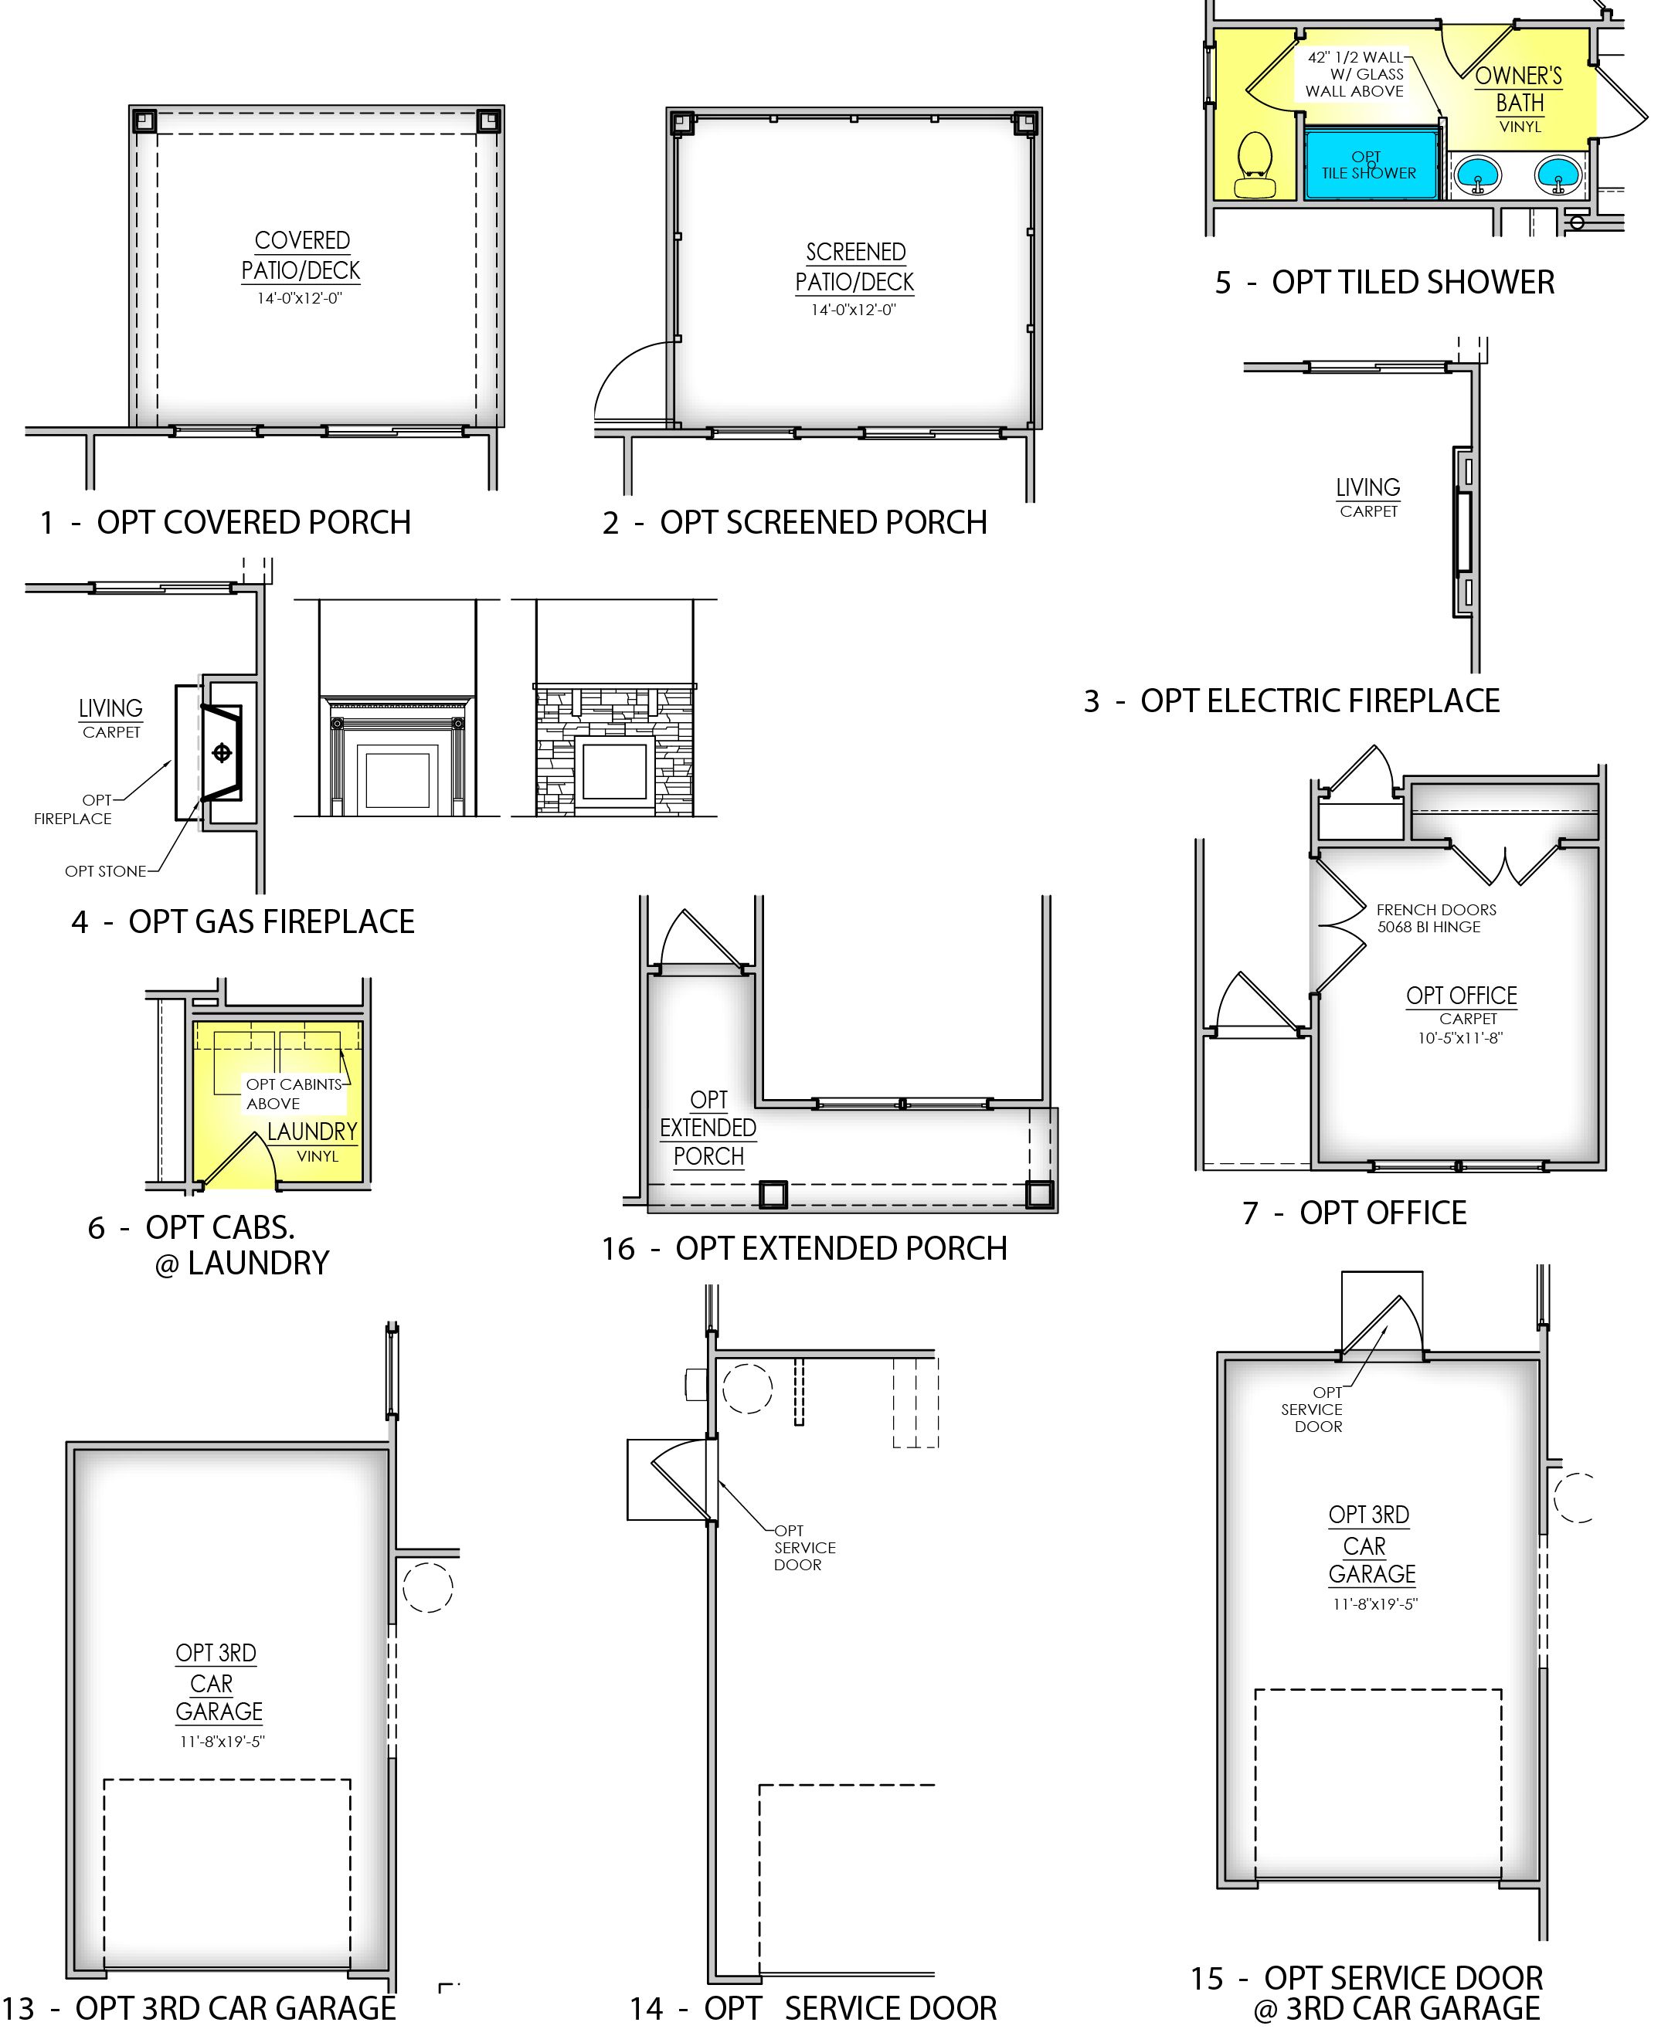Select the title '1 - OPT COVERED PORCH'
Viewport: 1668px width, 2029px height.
226,523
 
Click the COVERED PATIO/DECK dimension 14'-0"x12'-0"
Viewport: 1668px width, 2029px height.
299,299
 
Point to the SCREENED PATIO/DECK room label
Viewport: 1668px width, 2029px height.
854,267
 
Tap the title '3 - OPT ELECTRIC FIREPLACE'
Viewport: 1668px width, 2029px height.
1291,701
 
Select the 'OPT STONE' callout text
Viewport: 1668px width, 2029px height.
106,871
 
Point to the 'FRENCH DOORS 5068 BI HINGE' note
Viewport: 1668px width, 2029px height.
1435,918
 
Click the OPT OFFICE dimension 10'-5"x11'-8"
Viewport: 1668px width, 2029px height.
1460,1037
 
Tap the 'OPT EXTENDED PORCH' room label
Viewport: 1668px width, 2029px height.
708,1128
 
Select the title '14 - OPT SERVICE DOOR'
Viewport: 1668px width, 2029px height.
813,2008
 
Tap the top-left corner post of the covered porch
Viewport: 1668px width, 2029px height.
144,121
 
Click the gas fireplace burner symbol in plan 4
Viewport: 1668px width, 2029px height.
222,752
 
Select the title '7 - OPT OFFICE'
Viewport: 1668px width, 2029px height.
1354,1213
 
